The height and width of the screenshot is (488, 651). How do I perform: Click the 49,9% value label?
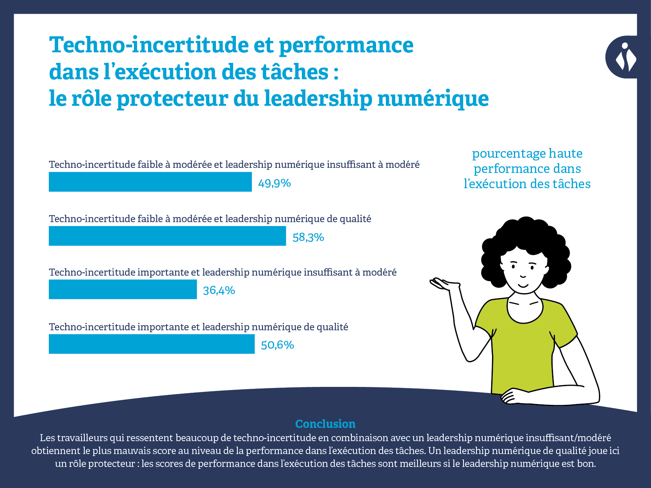(x=274, y=183)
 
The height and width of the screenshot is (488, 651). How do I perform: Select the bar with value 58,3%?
(x=167, y=236)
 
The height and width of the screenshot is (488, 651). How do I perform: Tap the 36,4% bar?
(x=123, y=290)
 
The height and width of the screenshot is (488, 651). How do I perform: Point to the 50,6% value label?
(x=277, y=345)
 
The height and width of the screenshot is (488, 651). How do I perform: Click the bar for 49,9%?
(x=150, y=182)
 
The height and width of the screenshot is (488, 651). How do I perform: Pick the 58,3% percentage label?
(x=308, y=237)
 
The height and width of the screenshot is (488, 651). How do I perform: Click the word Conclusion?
(x=325, y=424)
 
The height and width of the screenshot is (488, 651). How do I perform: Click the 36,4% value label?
(x=219, y=290)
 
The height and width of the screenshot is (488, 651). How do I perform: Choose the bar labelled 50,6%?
(x=152, y=344)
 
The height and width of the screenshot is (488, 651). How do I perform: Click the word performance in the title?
(x=346, y=45)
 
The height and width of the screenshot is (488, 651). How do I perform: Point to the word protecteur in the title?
(x=172, y=98)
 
